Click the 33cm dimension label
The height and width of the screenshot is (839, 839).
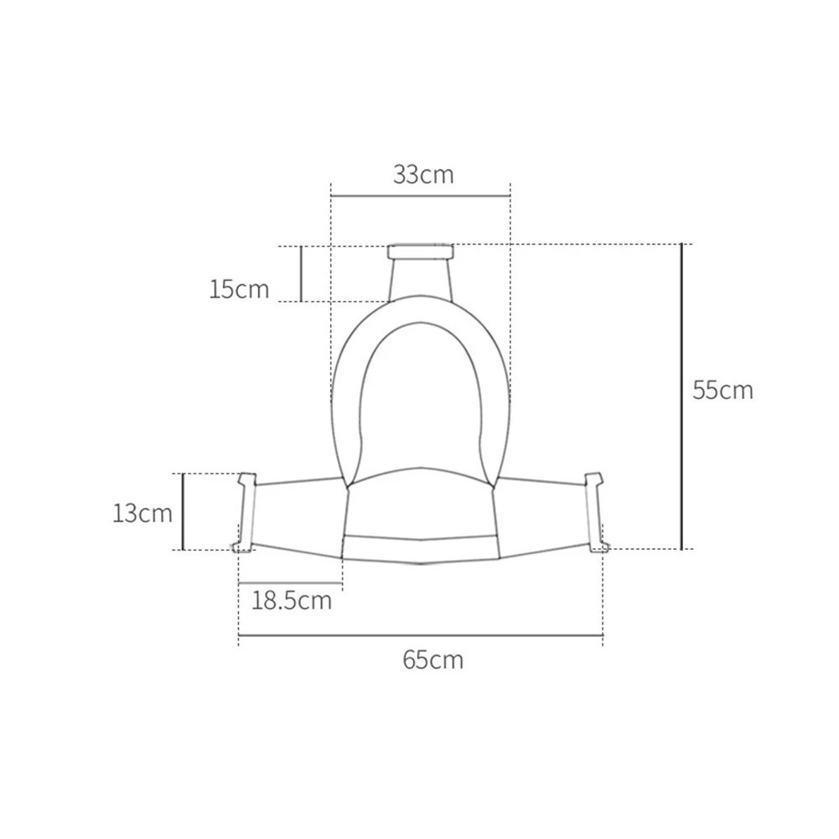pyautogui.click(x=423, y=174)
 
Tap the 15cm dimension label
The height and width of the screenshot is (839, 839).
pyautogui.click(x=240, y=290)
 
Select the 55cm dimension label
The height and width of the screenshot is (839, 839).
pyautogui.click(x=722, y=390)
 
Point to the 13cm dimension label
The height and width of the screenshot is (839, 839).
pyautogui.click(x=142, y=513)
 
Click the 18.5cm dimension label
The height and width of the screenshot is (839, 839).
pyautogui.click(x=292, y=600)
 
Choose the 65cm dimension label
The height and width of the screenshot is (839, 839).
pyautogui.click(x=432, y=660)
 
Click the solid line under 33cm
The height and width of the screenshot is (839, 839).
pyautogui.click(x=420, y=196)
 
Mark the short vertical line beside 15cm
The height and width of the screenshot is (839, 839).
pyautogui.click(x=301, y=273)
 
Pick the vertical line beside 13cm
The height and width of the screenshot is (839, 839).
pyautogui.click(x=184, y=511)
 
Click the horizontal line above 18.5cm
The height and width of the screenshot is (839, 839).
pyautogui.click(x=291, y=583)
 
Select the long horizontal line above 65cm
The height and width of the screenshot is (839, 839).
pyautogui.click(x=421, y=636)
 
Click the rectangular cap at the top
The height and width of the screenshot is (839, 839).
pyautogui.click(x=420, y=251)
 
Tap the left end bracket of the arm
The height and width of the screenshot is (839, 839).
pyautogui.click(x=244, y=513)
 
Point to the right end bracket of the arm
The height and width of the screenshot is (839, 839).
pyautogui.click(x=595, y=513)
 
